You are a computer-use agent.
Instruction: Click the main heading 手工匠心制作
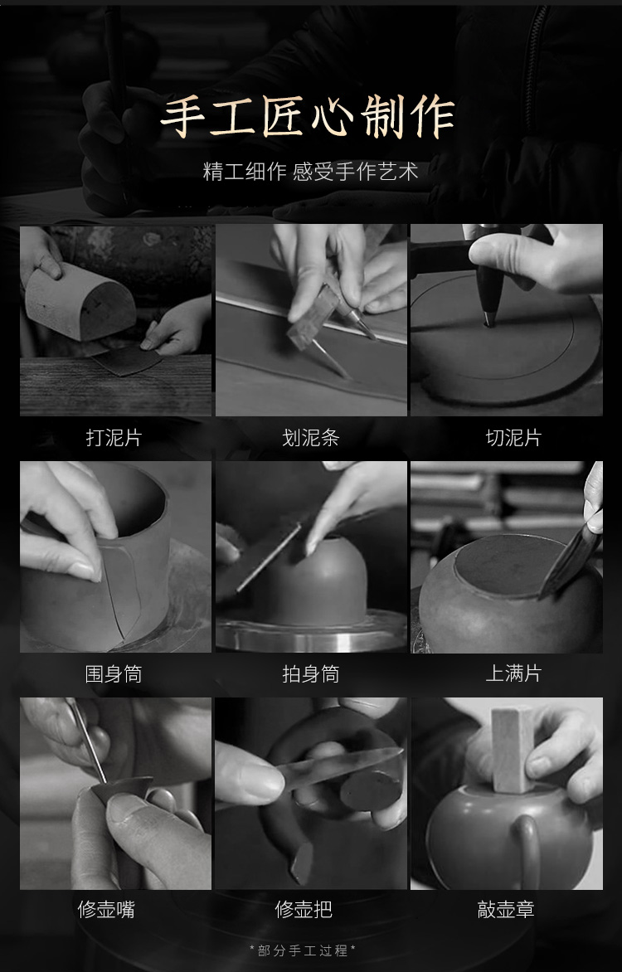coord(308,116)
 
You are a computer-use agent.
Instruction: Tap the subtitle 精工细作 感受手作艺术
coord(311,171)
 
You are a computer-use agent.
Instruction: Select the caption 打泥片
coord(114,438)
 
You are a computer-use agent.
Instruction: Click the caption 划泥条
coord(311,438)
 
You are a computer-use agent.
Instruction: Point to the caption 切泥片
coord(513,438)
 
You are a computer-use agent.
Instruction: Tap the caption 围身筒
coord(114,673)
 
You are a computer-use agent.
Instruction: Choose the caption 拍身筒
coord(311,673)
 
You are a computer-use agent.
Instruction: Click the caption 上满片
coord(513,673)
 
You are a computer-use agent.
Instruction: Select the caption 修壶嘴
coord(106,910)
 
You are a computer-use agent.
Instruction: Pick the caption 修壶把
coord(304,910)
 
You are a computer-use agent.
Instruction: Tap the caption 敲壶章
coord(506,910)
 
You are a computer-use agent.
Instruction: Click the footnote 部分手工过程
coord(303,950)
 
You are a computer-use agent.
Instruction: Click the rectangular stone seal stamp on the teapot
coord(513,750)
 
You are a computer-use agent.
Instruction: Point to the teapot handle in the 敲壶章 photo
coord(527,849)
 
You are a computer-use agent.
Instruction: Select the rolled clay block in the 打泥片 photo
coord(80,302)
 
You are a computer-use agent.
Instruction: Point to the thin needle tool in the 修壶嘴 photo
coord(86,740)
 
